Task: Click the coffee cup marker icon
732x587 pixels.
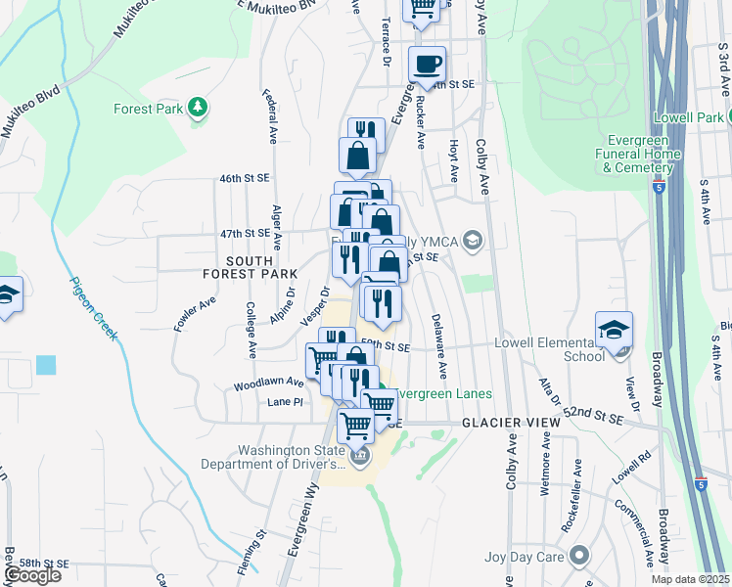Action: [427, 65]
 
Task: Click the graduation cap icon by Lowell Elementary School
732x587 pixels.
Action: [614, 330]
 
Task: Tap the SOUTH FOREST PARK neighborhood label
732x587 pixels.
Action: [261, 268]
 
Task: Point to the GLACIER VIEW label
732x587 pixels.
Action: [511, 422]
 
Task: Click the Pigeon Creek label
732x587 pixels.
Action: [94, 308]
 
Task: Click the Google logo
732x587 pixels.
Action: [32, 576]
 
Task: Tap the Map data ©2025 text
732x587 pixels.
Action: [690, 579]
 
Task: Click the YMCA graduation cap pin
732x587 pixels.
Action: [473, 241]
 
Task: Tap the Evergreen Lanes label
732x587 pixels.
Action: [448, 394]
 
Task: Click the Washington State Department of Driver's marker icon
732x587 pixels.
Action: [359, 456]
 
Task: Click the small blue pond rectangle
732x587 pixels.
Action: [46, 365]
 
